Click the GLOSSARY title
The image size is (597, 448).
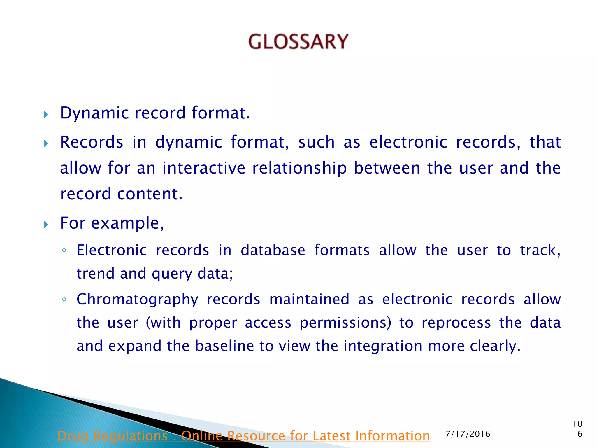[298, 41]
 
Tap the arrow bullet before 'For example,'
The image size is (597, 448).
[45, 225]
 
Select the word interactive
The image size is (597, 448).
[204, 168]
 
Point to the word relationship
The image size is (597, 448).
[299, 168]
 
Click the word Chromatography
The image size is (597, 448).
[137, 300]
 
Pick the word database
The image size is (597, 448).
[273, 250]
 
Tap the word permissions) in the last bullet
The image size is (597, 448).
[345, 323]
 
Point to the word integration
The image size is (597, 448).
[382, 346]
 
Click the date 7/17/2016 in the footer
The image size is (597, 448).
[468, 434]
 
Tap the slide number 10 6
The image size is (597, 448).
[577, 429]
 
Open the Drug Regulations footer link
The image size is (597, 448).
[243, 436]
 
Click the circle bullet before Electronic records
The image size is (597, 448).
[64, 251]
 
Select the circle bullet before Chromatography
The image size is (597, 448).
[64, 300]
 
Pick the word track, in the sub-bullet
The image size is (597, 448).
[540, 250]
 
